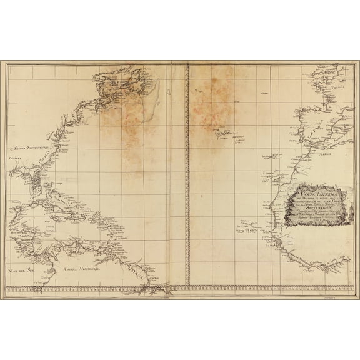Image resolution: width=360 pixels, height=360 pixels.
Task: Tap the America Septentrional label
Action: tap(31, 148)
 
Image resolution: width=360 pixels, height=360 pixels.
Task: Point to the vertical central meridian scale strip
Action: tap(187, 175)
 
